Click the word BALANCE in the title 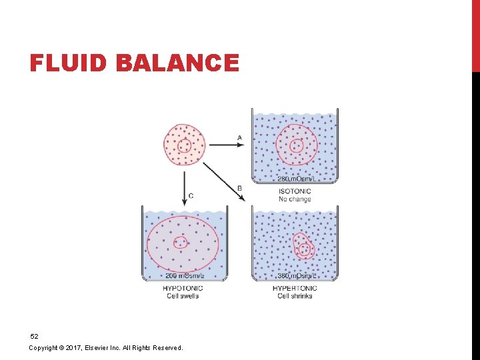pyautogui.click(x=177, y=63)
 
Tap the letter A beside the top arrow pyautogui.click(x=239, y=138)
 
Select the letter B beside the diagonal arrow pyautogui.click(x=239, y=189)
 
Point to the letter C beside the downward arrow pyautogui.click(x=191, y=195)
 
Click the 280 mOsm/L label pyautogui.click(x=295, y=179)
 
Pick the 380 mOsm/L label pyautogui.click(x=295, y=276)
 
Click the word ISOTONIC pyautogui.click(x=295, y=192)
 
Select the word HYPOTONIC pyautogui.click(x=183, y=289)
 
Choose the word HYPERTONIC pyautogui.click(x=295, y=289)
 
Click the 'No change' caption pyautogui.click(x=295, y=199)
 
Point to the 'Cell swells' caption pyautogui.click(x=183, y=296)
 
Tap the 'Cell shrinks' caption pyautogui.click(x=295, y=296)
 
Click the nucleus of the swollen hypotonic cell pyautogui.click(x=180, y=243)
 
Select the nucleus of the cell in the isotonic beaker pyautogui.click(x=296, y=145)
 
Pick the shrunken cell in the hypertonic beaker pyautogui.click(x=303, y=247)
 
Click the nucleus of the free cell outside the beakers pyautogui.click(x=185, y=145)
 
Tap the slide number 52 pyautogui.click(x=34, y=337)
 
